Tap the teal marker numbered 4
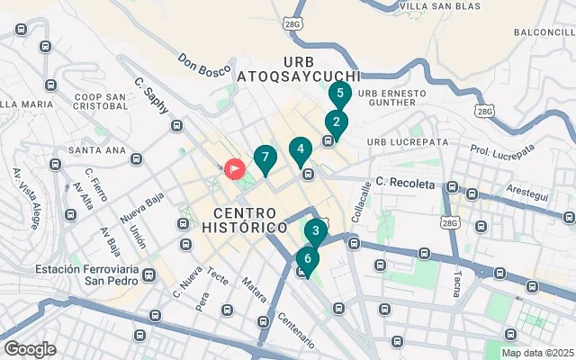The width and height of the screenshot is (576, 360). [x=301, y=148]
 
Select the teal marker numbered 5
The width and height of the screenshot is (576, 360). [x=339, y=93]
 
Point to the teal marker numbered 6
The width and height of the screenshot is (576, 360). [x=308, y=259]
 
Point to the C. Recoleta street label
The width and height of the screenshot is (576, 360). [x=405, y=184]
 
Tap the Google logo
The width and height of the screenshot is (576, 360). [x=30, y=349]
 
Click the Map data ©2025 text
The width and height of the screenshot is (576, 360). [x=536, y=353]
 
